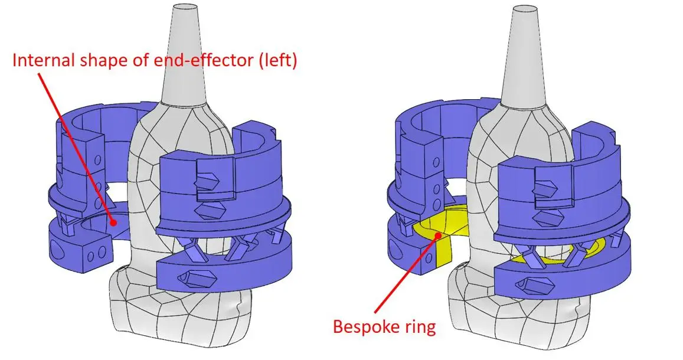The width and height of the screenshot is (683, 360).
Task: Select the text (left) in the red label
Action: pyautogui.click(x=274, y=60)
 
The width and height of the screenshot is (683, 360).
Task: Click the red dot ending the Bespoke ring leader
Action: pyautogui.click(x=437, y=237)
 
